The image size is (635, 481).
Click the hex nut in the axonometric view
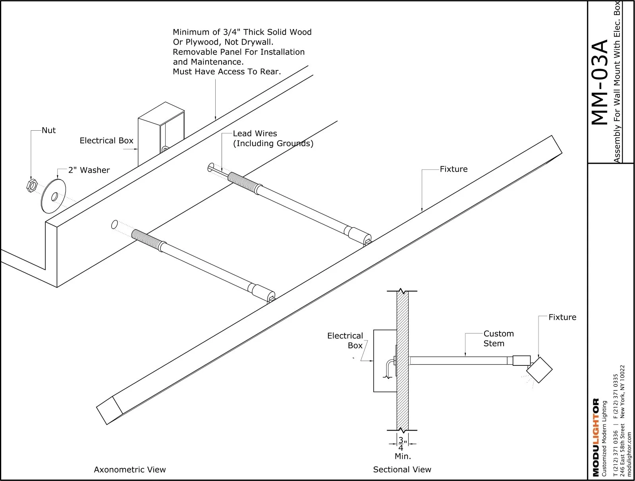[31, 185]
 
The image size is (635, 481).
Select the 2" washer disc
[54, 196]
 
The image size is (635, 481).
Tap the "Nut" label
[48, 130]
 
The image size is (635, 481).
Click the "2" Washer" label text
[89, 170]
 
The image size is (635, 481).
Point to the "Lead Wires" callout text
[255, 133]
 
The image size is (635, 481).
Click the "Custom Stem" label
[498, 338]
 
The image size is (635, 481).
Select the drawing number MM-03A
[600, 82]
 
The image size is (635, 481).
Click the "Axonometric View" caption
[129, 469]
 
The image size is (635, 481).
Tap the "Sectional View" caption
[402, 469]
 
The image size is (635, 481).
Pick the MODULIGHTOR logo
[596, 437]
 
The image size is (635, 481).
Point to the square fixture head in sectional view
[540, 370]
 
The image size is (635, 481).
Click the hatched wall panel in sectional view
[402, 360]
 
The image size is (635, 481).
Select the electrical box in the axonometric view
[161, 133]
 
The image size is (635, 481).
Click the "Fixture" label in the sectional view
[562, 317]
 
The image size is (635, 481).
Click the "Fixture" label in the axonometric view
[454, 169]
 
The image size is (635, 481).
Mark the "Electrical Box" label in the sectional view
[345, 340]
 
